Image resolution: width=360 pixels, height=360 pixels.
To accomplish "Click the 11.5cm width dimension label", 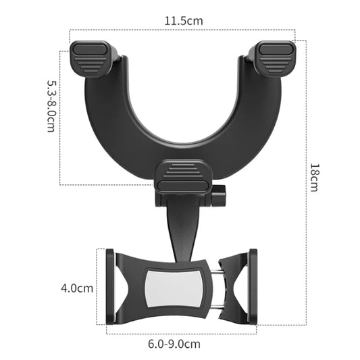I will tap(184, 20).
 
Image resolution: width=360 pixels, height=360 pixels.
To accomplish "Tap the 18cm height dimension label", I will tap(314, 177).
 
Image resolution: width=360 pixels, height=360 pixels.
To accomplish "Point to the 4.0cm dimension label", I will tap(76, 288).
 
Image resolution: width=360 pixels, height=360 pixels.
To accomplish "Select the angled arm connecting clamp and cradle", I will tap(177, 226).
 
